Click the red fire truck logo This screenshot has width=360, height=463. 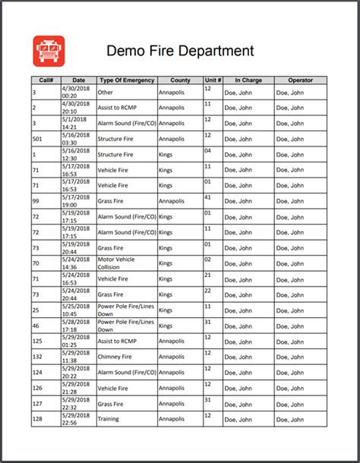tap(49, 51)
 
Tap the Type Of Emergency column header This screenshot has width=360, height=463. tap(127, 80)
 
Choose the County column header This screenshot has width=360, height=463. tap(180, 80)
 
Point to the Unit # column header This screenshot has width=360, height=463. tap(213, 80)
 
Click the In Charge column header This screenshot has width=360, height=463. tap(248, 80)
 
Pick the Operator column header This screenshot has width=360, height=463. tap(300, 80)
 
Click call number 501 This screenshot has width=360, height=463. tap(38, 139)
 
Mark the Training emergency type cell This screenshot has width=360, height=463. tap(110, 418)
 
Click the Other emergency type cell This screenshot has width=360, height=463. tap(106, 92)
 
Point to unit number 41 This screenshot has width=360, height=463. tap(207, 197)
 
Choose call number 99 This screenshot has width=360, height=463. tap(36, 201)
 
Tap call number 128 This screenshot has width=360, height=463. tap(38, 418)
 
